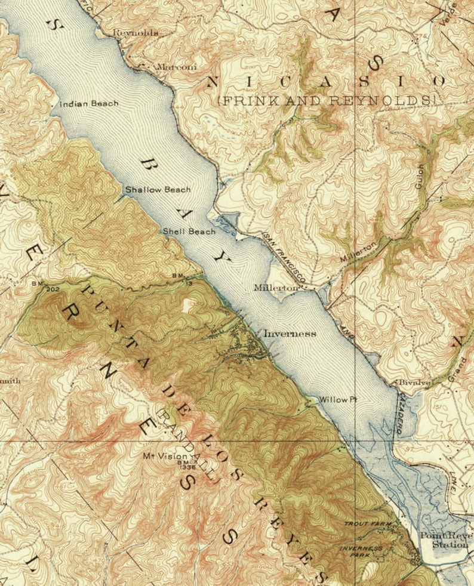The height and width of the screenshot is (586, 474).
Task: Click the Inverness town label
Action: point(290,334)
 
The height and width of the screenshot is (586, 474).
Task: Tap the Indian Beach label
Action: point(89,104)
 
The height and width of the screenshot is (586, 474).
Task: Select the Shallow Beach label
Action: point(158,190)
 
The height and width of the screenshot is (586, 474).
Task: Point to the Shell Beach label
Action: point(189,232)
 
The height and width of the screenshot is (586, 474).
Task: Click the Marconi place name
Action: point(176,67)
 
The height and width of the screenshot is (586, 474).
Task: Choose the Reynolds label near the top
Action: point(136,33)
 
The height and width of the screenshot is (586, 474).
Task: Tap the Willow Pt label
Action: point(338,400)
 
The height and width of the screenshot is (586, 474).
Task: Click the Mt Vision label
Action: point(165,455)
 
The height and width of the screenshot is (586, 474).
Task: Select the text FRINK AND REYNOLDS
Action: point(327,101)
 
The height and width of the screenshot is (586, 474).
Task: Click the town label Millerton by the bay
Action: point(276,288)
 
